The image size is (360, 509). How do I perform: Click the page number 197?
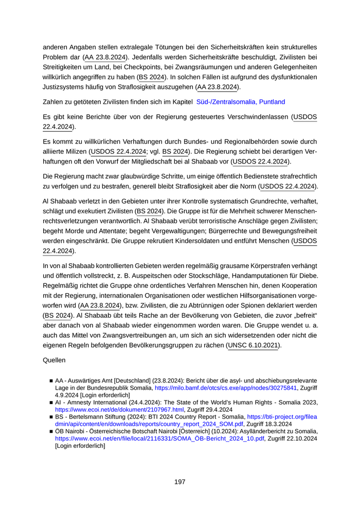179,482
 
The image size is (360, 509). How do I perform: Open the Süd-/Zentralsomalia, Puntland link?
240,102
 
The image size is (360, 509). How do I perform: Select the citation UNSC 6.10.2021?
253,346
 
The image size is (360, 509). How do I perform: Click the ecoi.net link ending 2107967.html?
119,409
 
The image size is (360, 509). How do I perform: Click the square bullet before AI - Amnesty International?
51,403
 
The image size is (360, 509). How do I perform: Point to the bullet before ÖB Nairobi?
51,431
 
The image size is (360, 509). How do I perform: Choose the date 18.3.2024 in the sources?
277,424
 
